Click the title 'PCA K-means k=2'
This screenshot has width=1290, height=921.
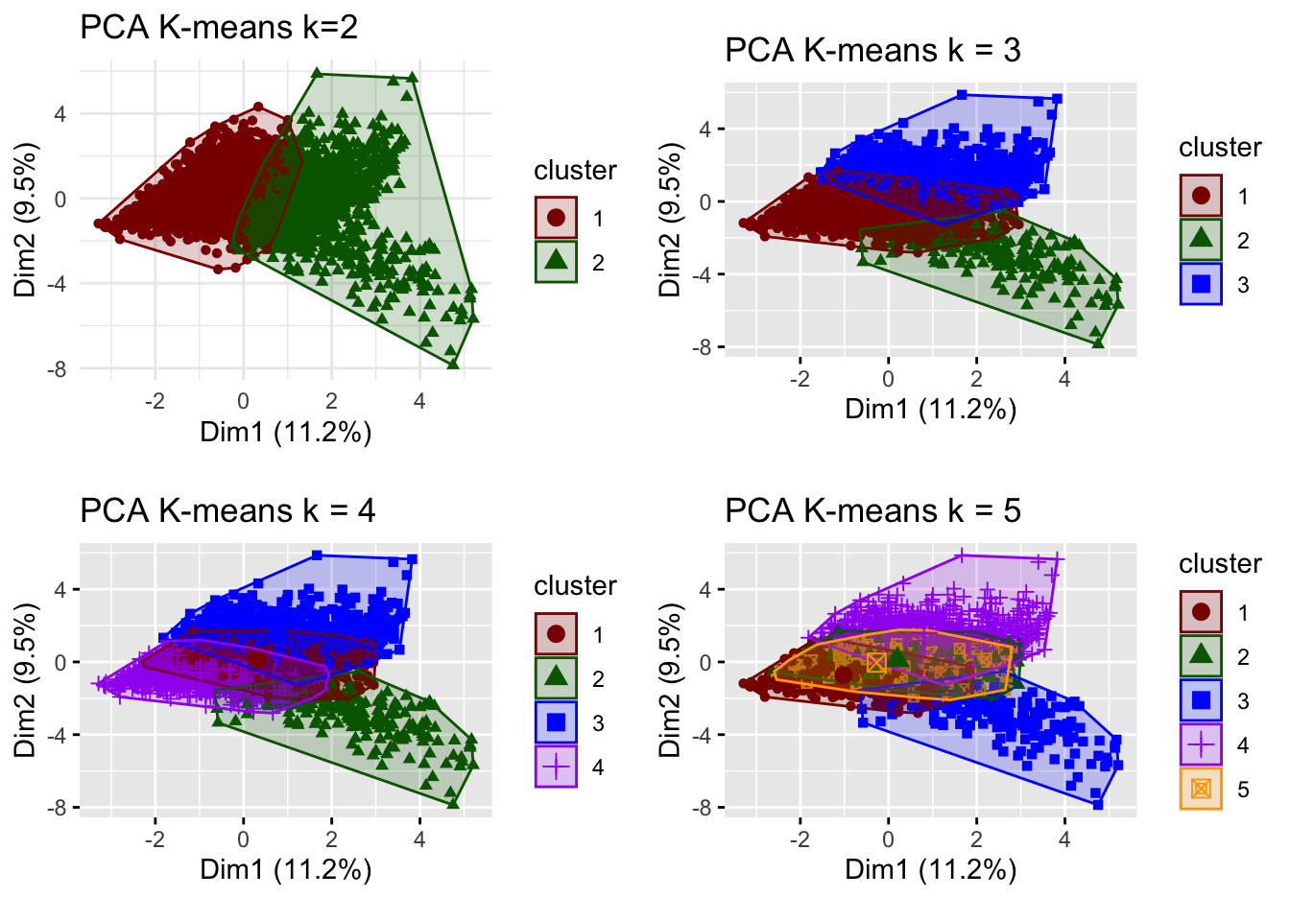219,27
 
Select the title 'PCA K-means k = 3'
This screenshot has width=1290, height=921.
872,50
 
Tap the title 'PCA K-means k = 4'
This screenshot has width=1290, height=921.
227,510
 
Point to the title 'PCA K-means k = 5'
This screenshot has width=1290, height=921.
872,510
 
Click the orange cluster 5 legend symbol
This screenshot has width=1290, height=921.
1201,789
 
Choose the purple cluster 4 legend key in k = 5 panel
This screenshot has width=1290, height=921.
1201,744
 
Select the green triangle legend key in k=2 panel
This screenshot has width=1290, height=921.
556,262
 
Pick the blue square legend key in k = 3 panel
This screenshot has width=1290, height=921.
1201,284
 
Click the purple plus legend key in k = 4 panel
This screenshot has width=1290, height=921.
556,767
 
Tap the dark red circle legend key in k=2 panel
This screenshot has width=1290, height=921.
556,218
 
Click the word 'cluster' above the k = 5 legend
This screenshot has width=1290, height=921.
1220,563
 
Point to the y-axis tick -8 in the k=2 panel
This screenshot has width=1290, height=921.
60,368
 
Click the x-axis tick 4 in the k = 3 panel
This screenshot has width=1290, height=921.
1064,379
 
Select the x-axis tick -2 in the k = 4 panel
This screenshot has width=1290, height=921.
155,839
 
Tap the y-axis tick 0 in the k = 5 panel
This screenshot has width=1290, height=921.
706,662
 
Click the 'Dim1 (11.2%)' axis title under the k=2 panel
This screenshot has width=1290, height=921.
286,433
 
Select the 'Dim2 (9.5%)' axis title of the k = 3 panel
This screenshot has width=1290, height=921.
669,220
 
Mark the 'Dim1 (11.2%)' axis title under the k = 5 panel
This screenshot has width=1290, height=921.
930,870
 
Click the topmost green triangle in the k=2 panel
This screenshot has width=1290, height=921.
317,74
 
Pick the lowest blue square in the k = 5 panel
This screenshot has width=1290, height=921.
1098,804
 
